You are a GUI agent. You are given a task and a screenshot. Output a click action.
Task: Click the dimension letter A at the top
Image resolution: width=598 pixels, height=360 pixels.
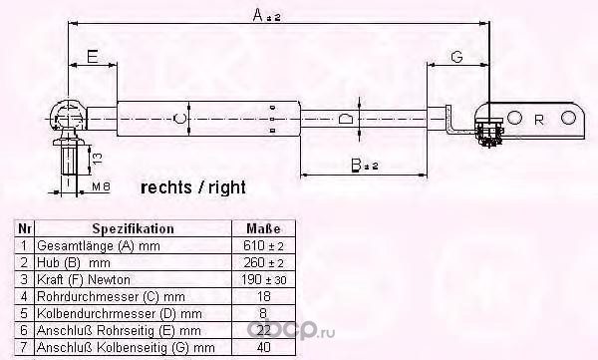(x=259, y=16)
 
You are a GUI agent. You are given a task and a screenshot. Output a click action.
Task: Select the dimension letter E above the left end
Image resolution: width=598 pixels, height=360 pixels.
(x=93, y=57)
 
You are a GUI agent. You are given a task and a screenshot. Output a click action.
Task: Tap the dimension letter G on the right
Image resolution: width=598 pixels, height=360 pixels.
(x=456, y=57)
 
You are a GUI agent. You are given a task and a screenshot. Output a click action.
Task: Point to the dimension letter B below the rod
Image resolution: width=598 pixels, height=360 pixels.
(x=356, y=165)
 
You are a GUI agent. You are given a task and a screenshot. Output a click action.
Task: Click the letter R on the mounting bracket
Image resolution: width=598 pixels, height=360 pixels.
(x=539, y=121)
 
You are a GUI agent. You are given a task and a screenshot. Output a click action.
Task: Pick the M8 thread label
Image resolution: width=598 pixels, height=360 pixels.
(x=101, y=186)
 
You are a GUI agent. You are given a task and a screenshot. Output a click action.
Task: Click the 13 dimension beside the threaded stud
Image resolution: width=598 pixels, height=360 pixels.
(x=98, y=159)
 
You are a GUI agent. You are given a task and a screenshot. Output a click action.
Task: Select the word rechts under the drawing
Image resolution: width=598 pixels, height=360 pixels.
(x=166, y=187)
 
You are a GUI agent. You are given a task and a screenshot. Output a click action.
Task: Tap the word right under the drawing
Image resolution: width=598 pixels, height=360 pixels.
(x=227, y=188)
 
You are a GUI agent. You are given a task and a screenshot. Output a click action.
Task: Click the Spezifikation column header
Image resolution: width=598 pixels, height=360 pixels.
(x=134, y=228)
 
